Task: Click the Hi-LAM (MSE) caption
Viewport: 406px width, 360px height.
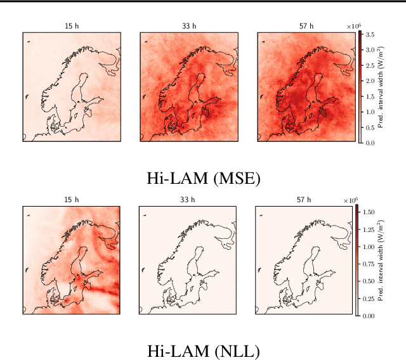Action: click(203, 179)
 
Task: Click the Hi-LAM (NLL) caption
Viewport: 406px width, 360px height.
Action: click(203, 350)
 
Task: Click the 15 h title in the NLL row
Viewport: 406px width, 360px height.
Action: click(71, 200)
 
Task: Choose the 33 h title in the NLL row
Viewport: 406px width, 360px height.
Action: click(188, 200)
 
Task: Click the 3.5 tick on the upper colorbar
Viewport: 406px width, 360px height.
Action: click(370, 34)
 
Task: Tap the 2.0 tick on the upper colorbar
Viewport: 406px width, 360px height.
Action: click(370, 81)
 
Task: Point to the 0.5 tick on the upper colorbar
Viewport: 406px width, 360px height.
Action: click(370, 127)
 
